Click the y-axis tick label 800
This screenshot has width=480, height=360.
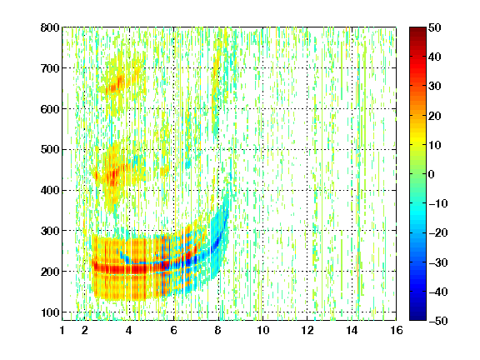click(50, 27)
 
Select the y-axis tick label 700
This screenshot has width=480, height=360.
click(50, 68)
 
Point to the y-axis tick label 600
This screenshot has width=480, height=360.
click(50, 109)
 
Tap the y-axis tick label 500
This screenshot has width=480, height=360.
click(50, 150)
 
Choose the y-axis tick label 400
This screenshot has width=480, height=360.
click(50, 190)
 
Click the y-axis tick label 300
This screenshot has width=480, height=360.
click(50, 231)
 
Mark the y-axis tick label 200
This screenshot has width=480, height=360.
click(50, 272)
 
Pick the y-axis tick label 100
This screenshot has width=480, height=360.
click(50, 312)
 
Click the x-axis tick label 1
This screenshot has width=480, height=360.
click(62, 330)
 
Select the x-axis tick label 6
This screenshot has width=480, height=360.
click(174, 330)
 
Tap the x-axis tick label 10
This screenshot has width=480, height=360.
click(263, 330)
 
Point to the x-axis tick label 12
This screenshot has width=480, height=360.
click(307, 330)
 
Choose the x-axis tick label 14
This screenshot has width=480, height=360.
click(352, 330)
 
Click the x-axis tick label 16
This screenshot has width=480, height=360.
click(397, 330)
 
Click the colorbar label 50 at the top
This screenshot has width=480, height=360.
click(435, 27)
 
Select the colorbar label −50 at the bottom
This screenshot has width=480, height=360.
click(437, 321)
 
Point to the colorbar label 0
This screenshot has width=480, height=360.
click(432, 174)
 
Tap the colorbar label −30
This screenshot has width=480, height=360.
click(437, 262)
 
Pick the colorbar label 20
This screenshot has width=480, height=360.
click(435, 116)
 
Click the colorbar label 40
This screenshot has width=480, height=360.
click(435, 57)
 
